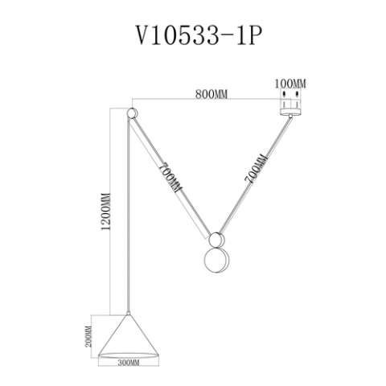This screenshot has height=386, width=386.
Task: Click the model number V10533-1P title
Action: click(193, 37)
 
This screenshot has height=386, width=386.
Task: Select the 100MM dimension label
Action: click(289, 83)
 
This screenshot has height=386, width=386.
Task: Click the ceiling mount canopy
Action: click(289, 105)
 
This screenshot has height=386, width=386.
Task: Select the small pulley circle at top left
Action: click(133, 113)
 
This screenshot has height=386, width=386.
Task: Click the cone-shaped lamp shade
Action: click(128, 335)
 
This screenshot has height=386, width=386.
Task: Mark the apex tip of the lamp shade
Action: click(128, 314)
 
